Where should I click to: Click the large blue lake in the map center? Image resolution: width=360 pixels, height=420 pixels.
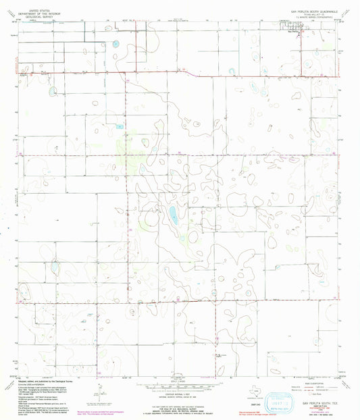point(173,216)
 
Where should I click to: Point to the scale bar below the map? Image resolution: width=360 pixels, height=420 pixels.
point(180,388)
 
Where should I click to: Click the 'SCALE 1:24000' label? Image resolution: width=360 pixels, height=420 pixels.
point(180,382)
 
